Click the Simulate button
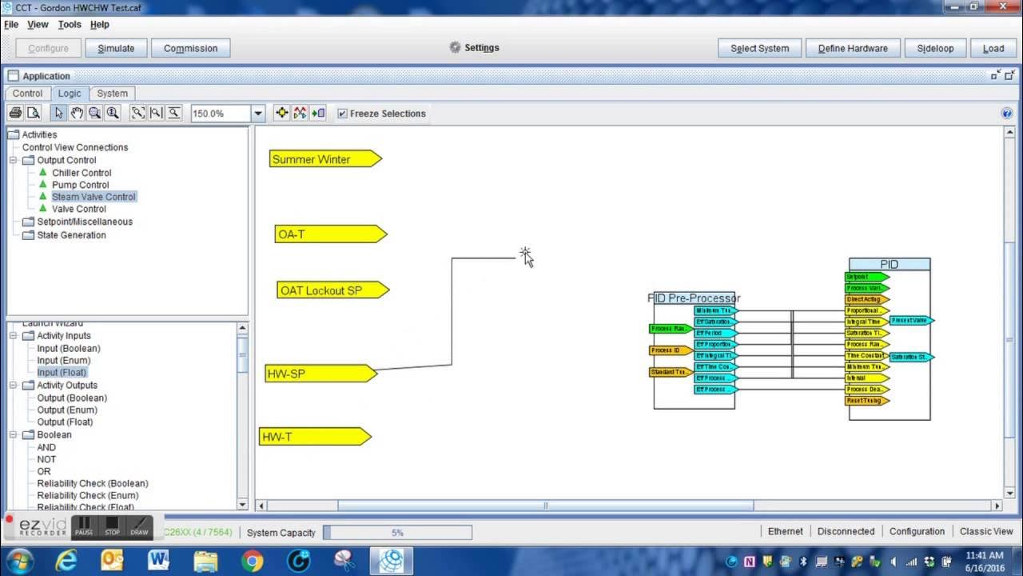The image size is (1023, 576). pyautogui.click(x=116, y=48)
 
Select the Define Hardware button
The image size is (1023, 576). pyautogui.click(x=852, y=48)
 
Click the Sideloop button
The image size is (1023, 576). pyautogui.click(x=935, y=48)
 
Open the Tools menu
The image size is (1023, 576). pyautogui.click(x=70, y=25)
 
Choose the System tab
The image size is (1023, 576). pyautogui.click(x=112, y=94)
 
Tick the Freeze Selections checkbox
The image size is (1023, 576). pyautogui.click(x=343, y=114)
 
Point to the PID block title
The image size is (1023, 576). pyautogui.click(x=889, y=264)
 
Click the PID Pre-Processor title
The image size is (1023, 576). pyautogui.click(x=694, y=298)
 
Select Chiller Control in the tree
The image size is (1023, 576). pyautogui.click(x=82, y=173)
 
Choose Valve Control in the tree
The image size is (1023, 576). pyautogui.click(x=79, y=209)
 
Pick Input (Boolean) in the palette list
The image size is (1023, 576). pyautogui.click(x=69, y=348)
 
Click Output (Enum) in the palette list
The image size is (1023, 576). pyautogui.click(x=67, y=410)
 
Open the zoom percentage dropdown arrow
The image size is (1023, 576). pyautogui.click(x=258, y=114)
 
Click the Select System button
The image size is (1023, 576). pyautogui.click(x=759, y=48)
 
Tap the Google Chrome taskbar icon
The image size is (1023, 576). pyautogui.click(x=252, y=561)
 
